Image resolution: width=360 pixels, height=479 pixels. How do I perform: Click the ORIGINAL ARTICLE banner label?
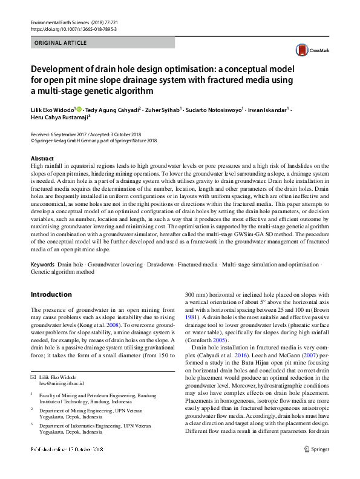pyautogui.click(x=61, y=43)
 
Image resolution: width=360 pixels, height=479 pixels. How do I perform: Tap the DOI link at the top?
pyautogui.click(x=73, y=29)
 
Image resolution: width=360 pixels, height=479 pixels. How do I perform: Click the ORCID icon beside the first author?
pyautogui.click(x=79, y=110)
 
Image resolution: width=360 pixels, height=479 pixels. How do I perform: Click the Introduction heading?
pyautogui.click(x=51, y=294)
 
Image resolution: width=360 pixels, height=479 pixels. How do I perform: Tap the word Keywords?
pyautogui.click(x=42, y=265)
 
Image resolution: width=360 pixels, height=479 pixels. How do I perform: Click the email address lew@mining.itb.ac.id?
pyautogui.click(x=61, y=383)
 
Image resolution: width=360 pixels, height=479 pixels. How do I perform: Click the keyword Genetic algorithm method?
pyautogui.click(x=62, y=273)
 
